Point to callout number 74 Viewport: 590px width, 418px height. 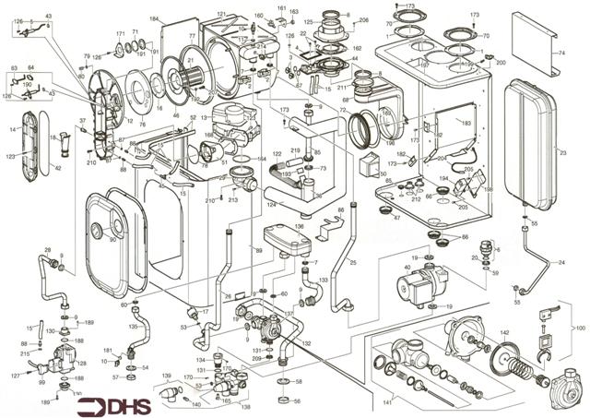click(560, 54)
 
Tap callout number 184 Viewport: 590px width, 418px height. click(154, 19)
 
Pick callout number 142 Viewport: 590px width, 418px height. click(504, 331)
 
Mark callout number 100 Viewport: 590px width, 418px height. click(580, 328)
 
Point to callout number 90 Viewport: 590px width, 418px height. click(112, 241)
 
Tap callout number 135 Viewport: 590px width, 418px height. click(133, 326)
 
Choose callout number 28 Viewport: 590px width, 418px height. click(48, 250)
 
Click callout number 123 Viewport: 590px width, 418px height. click(11, 158)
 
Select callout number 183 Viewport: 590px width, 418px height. click(466, 123)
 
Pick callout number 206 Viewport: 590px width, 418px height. click(363, 20)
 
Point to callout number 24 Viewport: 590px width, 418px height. click(560, 262)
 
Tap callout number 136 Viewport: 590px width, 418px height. click(299, 225)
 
